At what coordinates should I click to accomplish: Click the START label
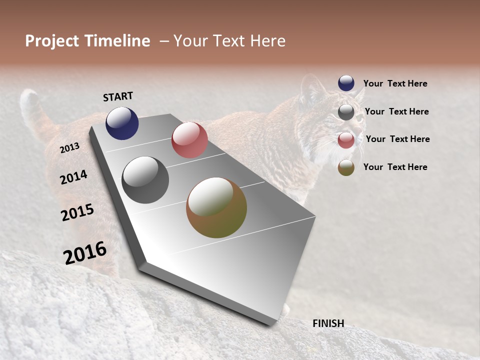118,96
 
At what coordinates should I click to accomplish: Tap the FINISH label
328,323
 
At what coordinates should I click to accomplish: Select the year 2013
70,147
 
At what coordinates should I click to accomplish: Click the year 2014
74,177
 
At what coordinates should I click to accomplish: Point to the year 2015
77,212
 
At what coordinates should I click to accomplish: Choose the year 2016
85,252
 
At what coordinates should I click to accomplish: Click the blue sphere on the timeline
122,123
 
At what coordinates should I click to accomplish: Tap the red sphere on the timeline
189,140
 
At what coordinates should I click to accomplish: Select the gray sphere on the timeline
145,180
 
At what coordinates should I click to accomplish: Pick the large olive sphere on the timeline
216,207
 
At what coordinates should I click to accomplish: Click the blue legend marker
346,83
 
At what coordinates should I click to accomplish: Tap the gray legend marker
346,112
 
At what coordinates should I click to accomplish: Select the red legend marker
346,140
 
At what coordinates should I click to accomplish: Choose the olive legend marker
346,167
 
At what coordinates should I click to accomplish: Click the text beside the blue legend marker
395,83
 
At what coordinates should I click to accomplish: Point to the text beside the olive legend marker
395,167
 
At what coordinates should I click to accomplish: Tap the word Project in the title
51,41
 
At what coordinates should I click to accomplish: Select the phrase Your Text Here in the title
229,41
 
